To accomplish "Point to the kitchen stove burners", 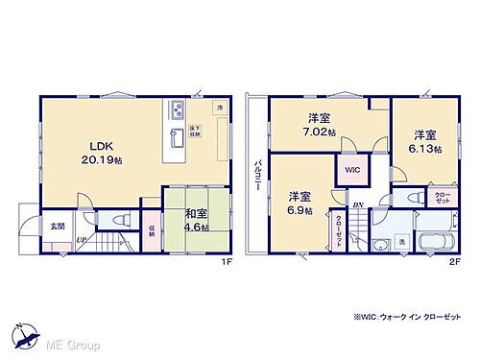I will pyautogui.click(x=179, y=108).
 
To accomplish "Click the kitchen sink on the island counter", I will pyautogui.click(x=178, y=135).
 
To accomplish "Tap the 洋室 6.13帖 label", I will pyautogui.click(x=426, y=141).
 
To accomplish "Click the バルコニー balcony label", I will pyautogui.click(x=256, y=178).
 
